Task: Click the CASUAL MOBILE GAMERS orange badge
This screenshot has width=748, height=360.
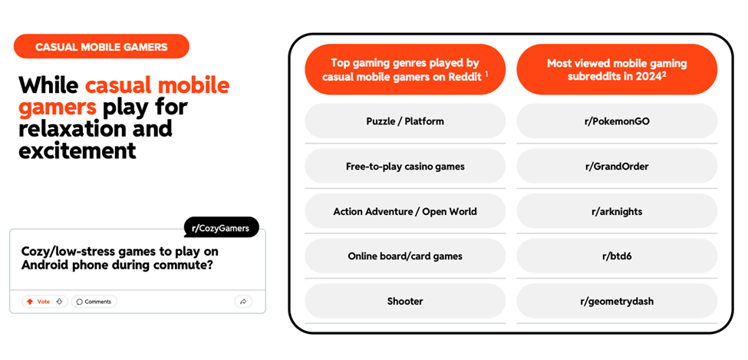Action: click(x=101, y=46)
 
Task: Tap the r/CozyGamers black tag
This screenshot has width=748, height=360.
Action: click(x=221, y=228)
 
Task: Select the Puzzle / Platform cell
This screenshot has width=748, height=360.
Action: click(x=405, y=121)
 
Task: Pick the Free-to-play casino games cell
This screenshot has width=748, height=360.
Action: click(x=405, y=166)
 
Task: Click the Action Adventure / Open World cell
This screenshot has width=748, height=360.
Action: click(x=405, y=211)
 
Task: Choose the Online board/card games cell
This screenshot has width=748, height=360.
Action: click(x=405, y=256)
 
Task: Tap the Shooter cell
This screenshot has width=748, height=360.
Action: click(x=405, y=301)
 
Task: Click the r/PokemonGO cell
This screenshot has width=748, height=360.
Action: click(x=617, y=121)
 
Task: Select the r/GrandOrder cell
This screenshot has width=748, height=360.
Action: click(x=617, y=166)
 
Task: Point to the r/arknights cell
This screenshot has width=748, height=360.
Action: click(x=617, y=211)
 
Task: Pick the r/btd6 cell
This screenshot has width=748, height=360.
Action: click(x=617, y=256)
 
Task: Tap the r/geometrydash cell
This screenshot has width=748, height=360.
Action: click(x=617, y=301)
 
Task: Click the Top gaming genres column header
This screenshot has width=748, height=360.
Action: click(x=405, y=70)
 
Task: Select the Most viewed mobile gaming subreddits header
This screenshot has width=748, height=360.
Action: click(x=617, y=70)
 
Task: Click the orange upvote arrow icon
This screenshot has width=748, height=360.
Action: click(x=30, y=302)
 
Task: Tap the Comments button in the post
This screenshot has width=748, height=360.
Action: click(x=94, y=302)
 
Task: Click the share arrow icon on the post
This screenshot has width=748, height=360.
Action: click(x=243, y=302)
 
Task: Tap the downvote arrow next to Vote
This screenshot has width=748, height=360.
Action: click(x=59, y=302)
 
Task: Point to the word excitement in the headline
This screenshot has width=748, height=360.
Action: click(x=77, y=150)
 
